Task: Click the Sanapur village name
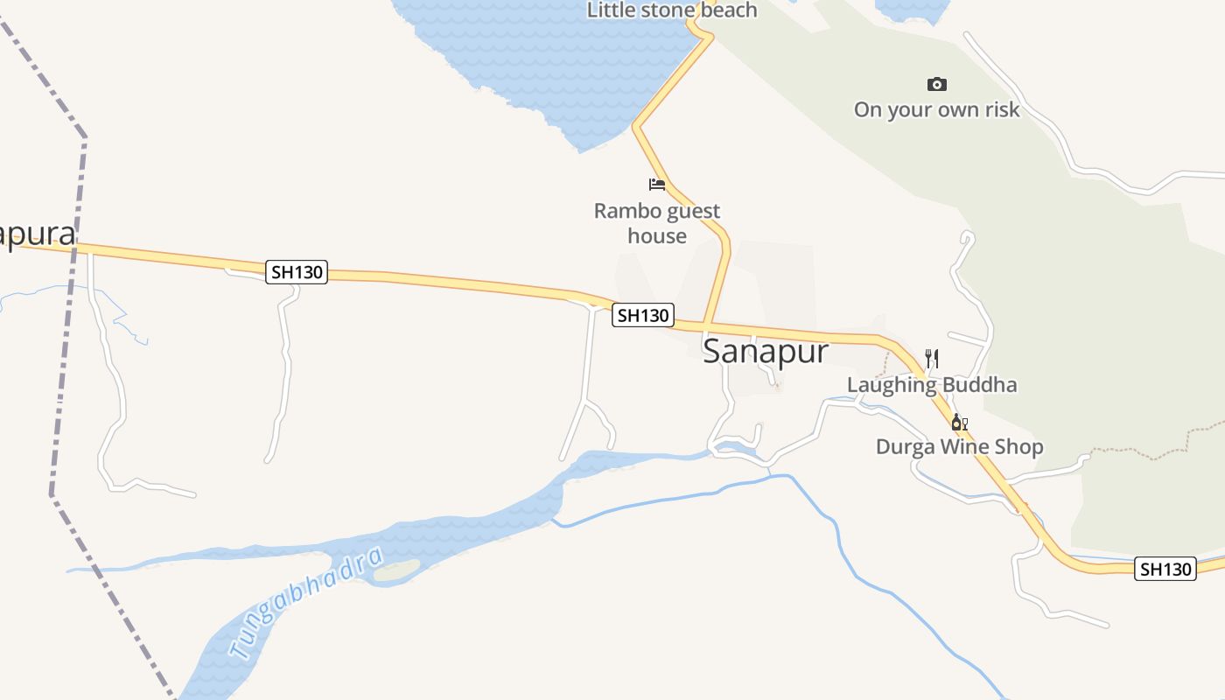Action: point(765,352)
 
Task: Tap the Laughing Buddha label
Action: point(932,385)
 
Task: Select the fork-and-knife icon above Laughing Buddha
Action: point(932,359)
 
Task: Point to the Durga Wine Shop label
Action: point(959,447)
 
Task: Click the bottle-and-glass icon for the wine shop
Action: point(959,423)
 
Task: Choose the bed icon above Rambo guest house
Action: point(656,184)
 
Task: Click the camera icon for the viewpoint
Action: point(936,85)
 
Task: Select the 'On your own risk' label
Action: point(936,110)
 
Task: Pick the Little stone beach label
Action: point(671,10)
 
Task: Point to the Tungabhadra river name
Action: point(306,603)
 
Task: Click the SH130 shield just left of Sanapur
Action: point(643,315)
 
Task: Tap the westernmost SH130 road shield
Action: point(297,272)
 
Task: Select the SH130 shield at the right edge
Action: point(1165,570)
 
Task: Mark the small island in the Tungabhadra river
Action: point(398,570)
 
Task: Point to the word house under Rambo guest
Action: point(656,236)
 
